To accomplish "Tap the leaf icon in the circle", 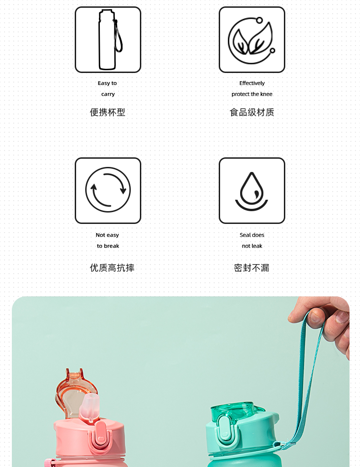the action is (252, 40).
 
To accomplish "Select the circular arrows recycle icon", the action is (108, 190).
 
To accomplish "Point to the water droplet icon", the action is (252, 191).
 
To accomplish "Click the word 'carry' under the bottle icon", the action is (108, 94).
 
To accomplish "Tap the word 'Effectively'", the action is (252, 83).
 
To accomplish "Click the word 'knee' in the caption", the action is (266, 94).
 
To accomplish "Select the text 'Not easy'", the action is (107, 235).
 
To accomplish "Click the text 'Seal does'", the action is (252, 235).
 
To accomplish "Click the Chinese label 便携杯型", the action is (108, 112).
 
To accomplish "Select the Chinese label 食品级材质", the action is (252, 112).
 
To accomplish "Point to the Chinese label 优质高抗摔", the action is (112, 268).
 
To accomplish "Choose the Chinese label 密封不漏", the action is (252, 268).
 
